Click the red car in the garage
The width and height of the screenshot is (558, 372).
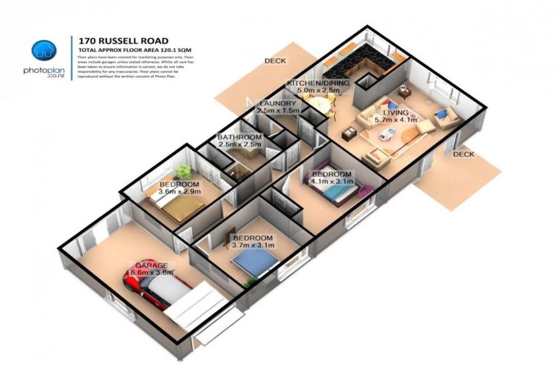[145, 287]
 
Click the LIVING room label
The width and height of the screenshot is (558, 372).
[391, 113]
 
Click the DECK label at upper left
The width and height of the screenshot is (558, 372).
[275, 61]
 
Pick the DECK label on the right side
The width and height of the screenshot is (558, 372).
[463, 154]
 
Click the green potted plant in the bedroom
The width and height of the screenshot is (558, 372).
[183, 171]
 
